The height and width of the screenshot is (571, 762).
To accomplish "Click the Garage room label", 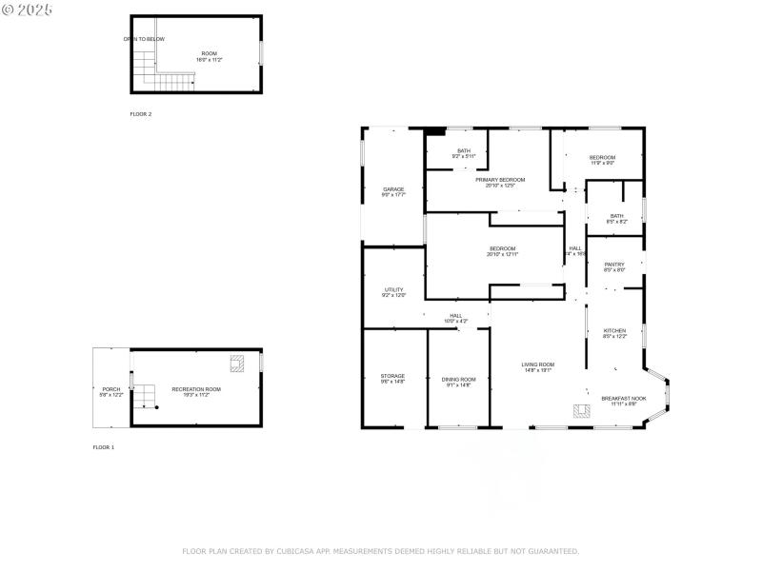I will tap(393, 189).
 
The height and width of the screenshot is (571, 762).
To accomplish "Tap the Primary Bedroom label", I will tap(500, 180).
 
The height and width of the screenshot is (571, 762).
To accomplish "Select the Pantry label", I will tap(614, 265).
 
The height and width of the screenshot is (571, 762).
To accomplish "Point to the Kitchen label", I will tap(614, 330).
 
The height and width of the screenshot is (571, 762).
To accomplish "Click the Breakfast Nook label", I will tap(624, 398).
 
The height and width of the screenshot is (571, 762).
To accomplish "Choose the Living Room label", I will tap(537, 364).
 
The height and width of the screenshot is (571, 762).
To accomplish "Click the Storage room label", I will tap(393, 376).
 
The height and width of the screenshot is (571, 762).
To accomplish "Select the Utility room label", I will tap(393, 289).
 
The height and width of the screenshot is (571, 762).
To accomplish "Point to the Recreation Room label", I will tap(196, 389).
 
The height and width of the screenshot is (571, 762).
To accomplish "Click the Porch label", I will tap(111, 389).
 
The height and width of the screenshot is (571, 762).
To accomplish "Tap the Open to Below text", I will tap(144, 39).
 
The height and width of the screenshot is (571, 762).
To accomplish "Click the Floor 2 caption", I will tap(141, 114).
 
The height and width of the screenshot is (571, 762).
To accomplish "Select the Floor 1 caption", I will tap(103, 447).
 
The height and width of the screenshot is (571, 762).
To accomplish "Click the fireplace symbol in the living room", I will tap(577, 411).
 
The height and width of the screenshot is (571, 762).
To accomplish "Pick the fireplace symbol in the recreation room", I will tap(236, 363).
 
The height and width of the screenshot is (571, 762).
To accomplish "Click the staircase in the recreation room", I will tap(142, 394).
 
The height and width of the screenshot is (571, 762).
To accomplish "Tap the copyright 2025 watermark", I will tap(28, 9).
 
